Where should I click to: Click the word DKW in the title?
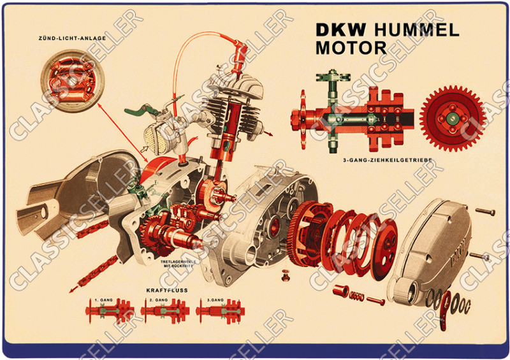click(341, 30)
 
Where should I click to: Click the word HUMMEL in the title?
click(417, 30)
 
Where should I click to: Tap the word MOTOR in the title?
click(351, 48)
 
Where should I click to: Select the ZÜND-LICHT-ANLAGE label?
click(72, 38)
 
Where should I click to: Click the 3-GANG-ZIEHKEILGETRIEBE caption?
click(388, 160)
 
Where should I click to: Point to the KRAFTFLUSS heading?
click(167, 291)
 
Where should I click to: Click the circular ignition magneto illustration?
click(72, 81)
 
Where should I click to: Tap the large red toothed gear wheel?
click(452, 119)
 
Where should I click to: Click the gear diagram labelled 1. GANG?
click(110, 311)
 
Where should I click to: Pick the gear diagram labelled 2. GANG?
click(165, 311)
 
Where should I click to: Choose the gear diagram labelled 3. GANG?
click(220, 311)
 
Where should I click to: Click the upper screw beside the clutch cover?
click(485, 212)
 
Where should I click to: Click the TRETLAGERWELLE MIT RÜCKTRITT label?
click(178, 263)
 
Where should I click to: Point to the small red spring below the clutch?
click(356, 296)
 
